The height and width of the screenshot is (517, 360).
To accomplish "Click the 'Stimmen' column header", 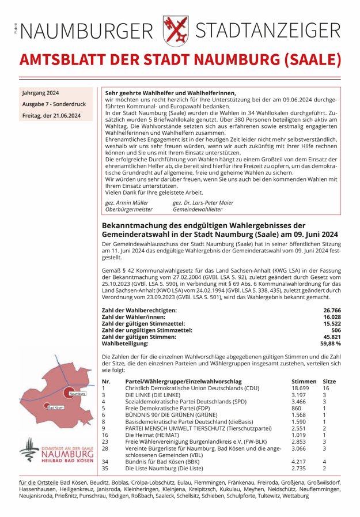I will tap(304, 382).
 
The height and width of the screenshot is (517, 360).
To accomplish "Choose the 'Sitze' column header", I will tap(329, 382).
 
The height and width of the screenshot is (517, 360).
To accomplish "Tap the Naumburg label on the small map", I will tap(77, 394).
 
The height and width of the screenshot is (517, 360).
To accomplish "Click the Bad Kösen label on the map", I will tap(55, 406).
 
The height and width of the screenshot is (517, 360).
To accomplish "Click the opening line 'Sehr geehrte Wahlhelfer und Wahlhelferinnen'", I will tap(170, 93).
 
